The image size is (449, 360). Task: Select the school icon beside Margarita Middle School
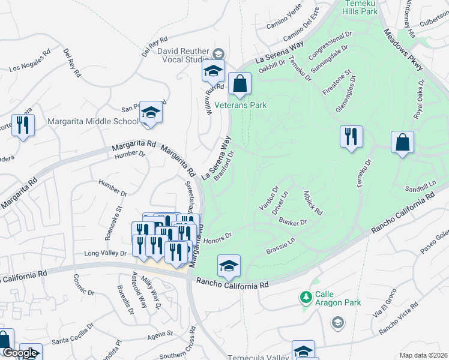[x=151, y=112]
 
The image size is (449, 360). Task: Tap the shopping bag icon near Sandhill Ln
[x=402, y=142]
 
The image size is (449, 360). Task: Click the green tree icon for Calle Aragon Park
[x=306, y=296]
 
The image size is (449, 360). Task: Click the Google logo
[x=20, y=353]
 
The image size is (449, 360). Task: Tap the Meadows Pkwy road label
[x=403, y=53]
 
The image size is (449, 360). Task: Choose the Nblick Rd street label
[x=313, y=203]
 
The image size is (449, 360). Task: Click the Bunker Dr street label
[x=293, y=222]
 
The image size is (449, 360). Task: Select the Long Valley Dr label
[x=106, y=253]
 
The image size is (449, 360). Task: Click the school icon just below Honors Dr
[x=229, y=266]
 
